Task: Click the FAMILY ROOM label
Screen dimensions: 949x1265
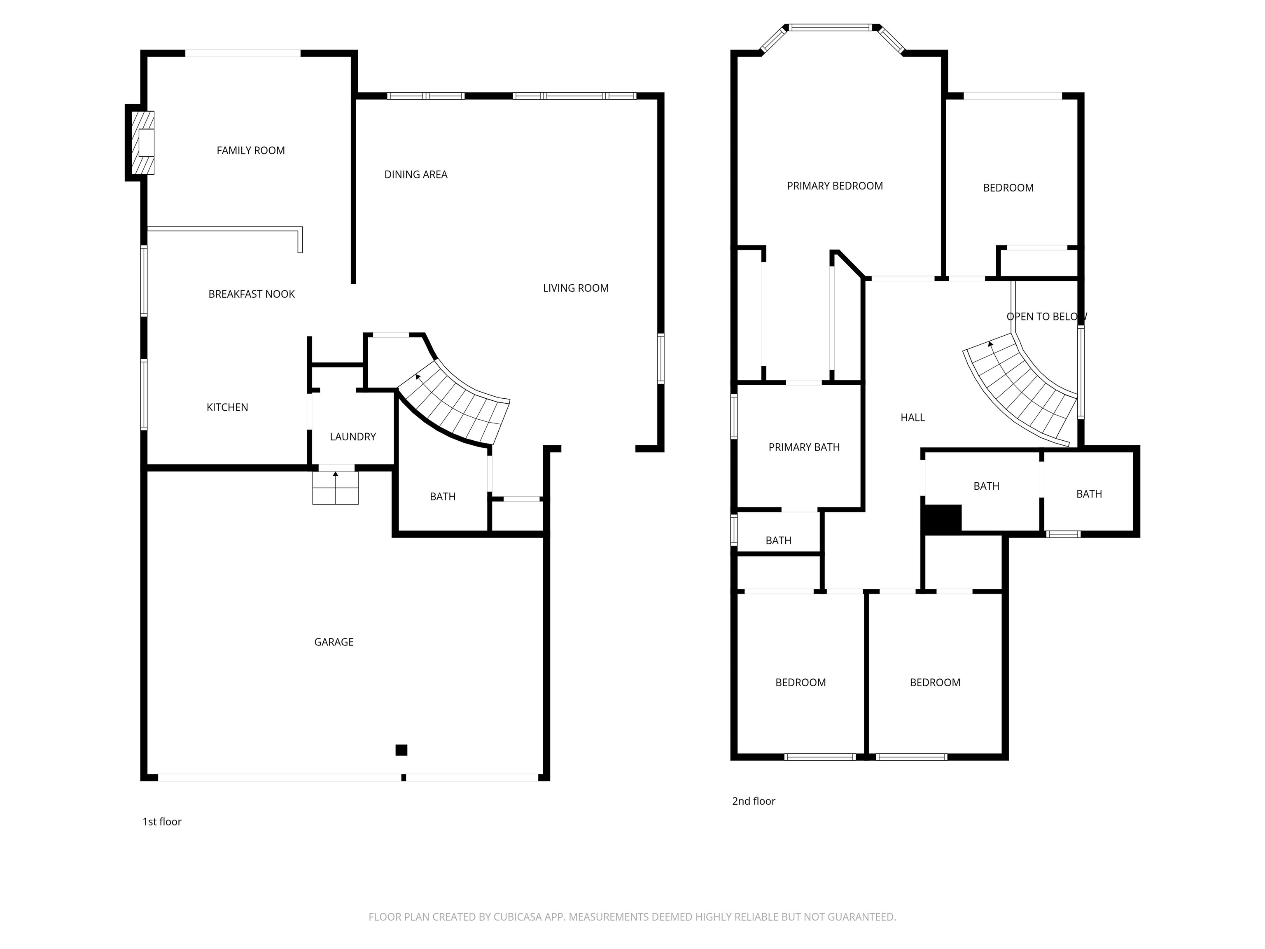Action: coord(250,150)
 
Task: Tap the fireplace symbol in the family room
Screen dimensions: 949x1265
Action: coord(143,143)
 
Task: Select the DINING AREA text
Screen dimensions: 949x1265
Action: coord(416,175)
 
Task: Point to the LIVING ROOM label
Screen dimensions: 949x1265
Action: coord(575,288)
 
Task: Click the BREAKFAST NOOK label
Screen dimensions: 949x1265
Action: coord(252,294)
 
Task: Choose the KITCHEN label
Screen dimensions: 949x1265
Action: coord(227,407)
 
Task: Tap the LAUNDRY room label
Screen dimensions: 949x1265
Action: coord(353,437)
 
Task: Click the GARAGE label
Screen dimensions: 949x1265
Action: coord(334,642)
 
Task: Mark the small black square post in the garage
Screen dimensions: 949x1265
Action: coord(401,750)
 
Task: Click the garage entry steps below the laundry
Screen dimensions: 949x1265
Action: coord(335,488)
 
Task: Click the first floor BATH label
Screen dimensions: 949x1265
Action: coord(443,496)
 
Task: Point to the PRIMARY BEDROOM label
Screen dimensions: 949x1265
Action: coord(834,186)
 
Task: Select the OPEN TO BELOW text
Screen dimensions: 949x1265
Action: coord(1046,317)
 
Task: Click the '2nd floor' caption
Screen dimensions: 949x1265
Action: coord(753,801)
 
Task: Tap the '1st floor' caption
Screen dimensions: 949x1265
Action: coord(162,821)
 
